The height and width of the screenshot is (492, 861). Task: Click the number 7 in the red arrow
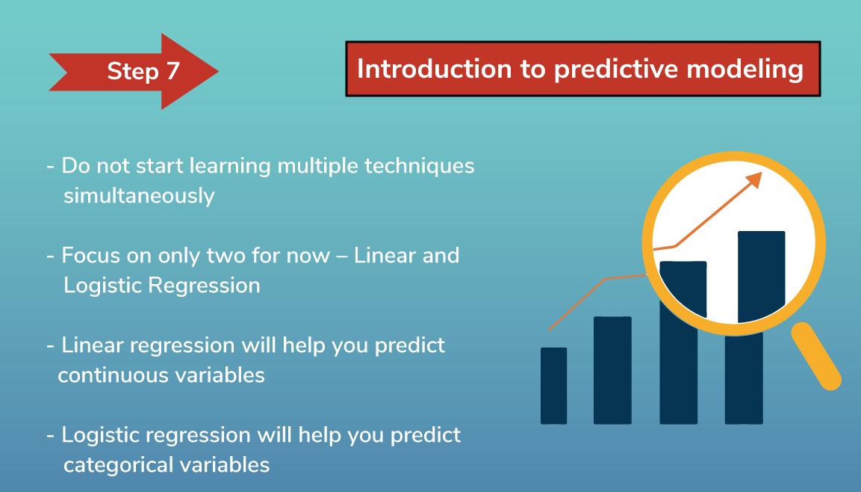click(172, 71)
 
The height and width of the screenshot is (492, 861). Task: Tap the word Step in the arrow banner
click(133, 72)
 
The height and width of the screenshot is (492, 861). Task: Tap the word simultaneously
click(139, 196)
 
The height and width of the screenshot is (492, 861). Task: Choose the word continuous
click(113, 375)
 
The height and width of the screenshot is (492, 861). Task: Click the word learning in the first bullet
click(230, 166)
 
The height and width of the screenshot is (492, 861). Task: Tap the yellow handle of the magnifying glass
click(816, 356)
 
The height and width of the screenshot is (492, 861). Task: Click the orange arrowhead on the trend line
click(754, 179)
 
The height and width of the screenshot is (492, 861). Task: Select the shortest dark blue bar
click(553, 385)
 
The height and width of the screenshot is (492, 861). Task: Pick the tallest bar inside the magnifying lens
click(761, 277)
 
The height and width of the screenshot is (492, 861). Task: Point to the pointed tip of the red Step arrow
click(218, 71)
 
